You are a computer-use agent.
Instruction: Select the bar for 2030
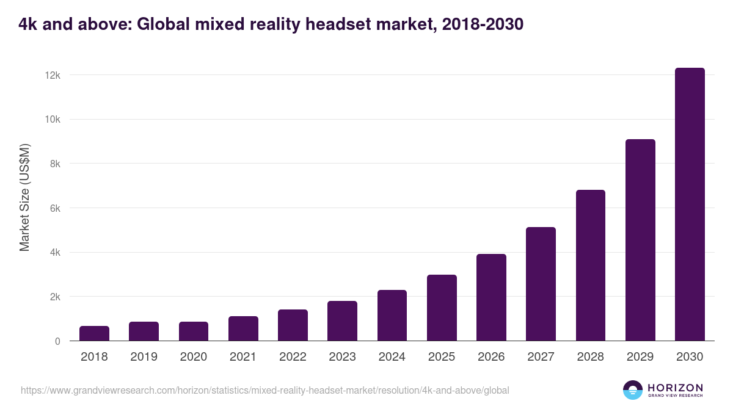(x=690, y=204)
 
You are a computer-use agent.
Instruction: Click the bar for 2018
(x=94, y=333)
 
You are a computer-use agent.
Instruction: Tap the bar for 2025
(x=442, y=308)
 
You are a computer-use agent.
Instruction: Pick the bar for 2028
(x=591, y=266)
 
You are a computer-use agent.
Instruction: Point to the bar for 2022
(x=293, y=325)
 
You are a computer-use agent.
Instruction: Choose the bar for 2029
(x=640, y=240)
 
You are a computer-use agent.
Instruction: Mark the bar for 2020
(x=194, y=331)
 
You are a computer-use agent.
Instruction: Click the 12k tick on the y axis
(x=53, y=75)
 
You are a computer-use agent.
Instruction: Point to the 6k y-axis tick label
(x=55, y=208)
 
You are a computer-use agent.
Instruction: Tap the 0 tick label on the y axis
(x=57, y=341)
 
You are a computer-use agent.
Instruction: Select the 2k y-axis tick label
(x=55, y=297)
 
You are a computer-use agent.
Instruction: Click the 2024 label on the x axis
(x=392, y=357)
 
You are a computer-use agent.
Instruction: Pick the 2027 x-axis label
(x=541, y=357)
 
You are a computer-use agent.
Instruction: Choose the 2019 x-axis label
(x=144, y=357)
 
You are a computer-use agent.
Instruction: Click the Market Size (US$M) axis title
(x=24, y=198)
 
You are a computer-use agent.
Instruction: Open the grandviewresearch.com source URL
(x=264, y=390)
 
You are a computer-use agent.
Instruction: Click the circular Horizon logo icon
(x=633, y=390)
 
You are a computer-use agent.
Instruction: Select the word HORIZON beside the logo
(x=675, y=388)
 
